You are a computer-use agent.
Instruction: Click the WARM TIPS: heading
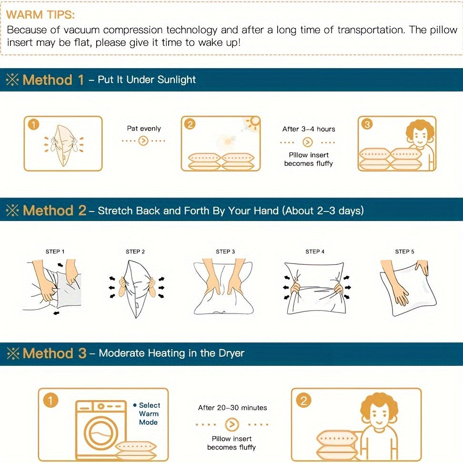point(40,14)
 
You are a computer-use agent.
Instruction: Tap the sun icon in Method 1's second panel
point(253,122)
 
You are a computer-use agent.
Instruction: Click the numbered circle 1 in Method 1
point(34,124)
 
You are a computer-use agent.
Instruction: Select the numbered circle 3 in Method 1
point(367,124)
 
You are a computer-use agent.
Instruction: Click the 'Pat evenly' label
point(144,129)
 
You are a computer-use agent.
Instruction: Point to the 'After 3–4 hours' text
point(309,129)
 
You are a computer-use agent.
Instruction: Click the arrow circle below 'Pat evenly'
point(143,141)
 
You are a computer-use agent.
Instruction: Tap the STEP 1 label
point(55,252)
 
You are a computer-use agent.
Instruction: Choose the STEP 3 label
point(225,252)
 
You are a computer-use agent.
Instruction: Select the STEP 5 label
point(404,252)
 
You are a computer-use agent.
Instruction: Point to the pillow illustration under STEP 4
point(315,288)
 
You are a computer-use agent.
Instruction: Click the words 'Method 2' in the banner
point(54,211)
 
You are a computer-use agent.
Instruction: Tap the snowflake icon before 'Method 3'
point(13,353)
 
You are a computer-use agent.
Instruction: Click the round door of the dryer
point(101,433)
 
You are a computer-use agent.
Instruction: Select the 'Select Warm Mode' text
point(149,413)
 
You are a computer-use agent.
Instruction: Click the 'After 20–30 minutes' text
point(232,408)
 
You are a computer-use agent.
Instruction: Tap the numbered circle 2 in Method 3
point(303,401)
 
